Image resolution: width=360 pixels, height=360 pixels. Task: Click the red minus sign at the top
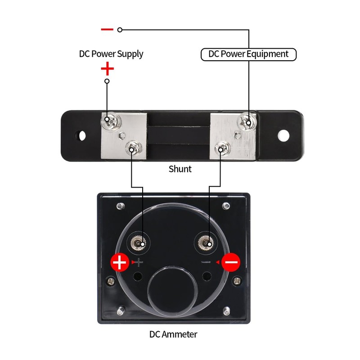(x=107, y=30)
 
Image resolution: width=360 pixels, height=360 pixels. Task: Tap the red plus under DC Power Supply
(x=107, y=69)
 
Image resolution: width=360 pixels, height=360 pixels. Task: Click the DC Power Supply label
(x=111, y=54)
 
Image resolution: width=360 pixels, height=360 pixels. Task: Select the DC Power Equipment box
(x=248, y=54)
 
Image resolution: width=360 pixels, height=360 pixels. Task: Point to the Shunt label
(x=180, y=169)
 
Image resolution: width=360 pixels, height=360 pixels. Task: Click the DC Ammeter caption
(x=173, y=334)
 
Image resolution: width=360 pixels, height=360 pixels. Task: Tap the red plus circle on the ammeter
(x=120, y=262)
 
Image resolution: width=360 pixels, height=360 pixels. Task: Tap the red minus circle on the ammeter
(x=231, y=262)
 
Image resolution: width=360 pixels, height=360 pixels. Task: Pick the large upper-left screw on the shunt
(x=108, y=121)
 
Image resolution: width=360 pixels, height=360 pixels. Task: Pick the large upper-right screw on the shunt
(x=248, y=121)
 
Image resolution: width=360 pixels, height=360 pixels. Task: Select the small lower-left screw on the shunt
(x=132, y=147)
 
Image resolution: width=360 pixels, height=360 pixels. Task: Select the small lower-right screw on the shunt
(x=221, y=147)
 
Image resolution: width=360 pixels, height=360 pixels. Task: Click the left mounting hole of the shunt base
(x=82, y=135)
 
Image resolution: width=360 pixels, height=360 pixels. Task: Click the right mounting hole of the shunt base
(x=283, y=135)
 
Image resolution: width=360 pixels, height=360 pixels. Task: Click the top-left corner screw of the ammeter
(x=120, y=207)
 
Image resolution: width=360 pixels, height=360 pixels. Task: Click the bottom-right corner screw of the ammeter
(x=226, y=311)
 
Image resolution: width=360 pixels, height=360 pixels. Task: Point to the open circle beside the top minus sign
(x=120, y=30)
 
